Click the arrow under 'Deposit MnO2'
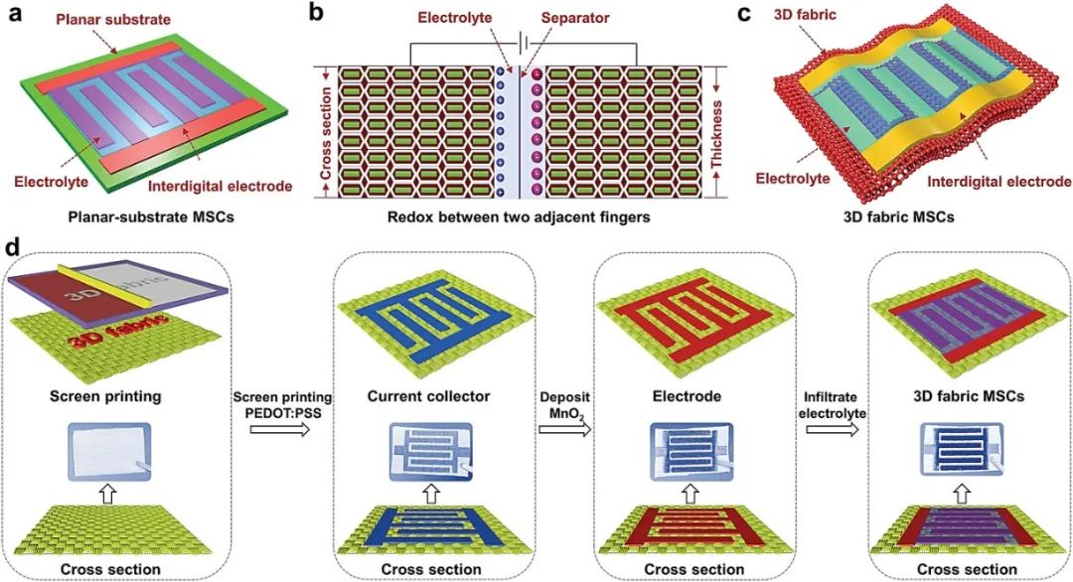click(564, 431)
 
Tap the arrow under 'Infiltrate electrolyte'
click(834, 431)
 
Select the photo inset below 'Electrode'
click(693, 456)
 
